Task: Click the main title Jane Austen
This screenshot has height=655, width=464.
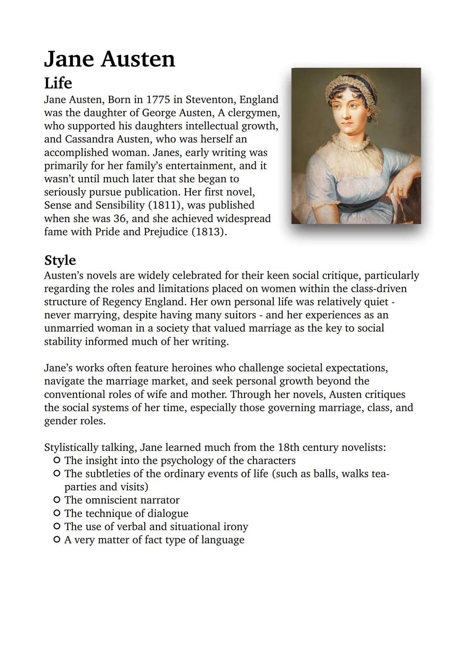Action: click(110, 59)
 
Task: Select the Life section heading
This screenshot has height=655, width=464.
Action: click(58, 83)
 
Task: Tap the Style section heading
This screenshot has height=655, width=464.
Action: click(60, 260)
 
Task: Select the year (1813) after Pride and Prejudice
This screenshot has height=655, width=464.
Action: click(208, 232)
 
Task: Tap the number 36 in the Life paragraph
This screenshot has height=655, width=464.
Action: click(120, 219)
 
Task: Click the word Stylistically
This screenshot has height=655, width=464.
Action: click(71, 447)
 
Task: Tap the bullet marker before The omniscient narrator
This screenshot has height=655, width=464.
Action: click(56, 500)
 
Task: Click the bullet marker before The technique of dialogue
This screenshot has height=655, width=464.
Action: click(56, 513)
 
